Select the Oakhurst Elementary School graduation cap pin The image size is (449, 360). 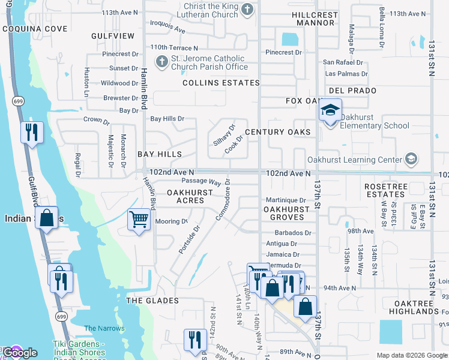[330, 110]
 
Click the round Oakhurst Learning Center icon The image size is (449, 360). [411, 159]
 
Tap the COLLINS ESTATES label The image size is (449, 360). [221, 83]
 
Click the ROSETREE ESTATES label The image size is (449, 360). [385, 190]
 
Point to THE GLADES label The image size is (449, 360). [152, 300]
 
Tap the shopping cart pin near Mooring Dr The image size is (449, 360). [139, 220]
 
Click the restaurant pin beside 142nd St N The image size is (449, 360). [195, 338]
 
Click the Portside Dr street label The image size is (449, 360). [189, 239]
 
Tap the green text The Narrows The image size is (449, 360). [104, 328]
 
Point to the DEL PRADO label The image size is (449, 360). [352, 91]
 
